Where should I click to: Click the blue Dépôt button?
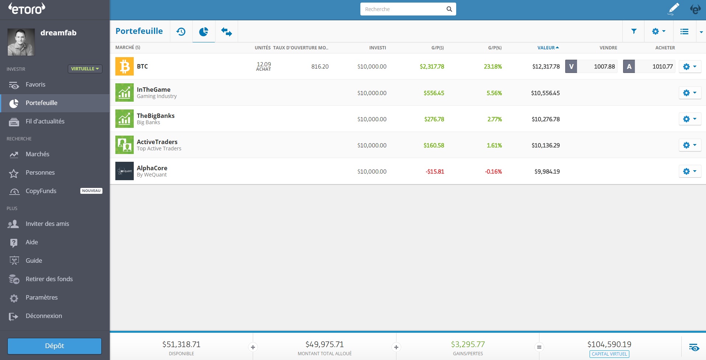(55, 346)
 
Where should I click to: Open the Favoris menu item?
(35, 85)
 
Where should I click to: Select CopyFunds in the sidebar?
(41, 191)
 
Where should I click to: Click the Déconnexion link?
(43, 316)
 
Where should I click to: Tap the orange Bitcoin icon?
(125, 66)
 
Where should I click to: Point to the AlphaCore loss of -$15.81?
(435, 172)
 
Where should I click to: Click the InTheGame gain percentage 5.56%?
(494, 93)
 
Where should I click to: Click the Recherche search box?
(403, 9)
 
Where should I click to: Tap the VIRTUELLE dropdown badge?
(85, 69)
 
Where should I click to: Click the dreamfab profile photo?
(21, 42)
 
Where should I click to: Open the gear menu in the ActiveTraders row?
(689, 145)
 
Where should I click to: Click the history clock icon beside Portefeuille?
(181, 32)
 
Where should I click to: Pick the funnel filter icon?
(634, 31)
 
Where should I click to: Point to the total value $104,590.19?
(609, 345)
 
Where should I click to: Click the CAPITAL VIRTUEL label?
(609, 354)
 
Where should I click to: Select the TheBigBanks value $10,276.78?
(545, 119)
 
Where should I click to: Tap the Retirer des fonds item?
(49, 279)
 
